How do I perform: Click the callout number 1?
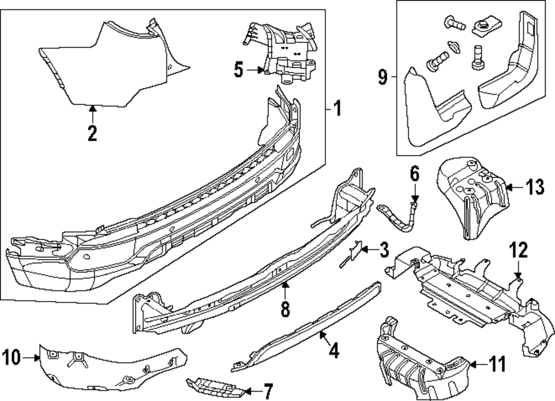(336, 108)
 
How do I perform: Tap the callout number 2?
(92, 133)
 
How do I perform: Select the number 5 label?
(238, 70)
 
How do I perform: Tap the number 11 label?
(498, 364)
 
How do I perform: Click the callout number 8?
(285, 309)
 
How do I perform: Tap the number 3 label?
(384, 251)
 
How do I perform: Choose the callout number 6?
(415, 174)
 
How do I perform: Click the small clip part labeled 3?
(354, 253)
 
